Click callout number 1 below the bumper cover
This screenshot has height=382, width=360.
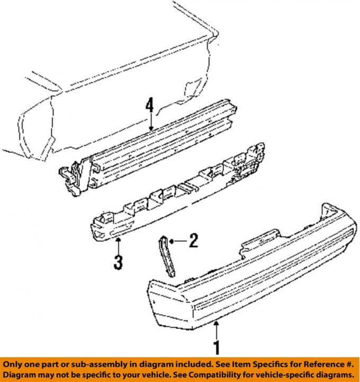coord(217,347)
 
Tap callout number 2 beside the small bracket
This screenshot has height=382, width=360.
coord(194,240)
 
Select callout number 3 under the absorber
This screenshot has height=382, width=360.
coord(118,262)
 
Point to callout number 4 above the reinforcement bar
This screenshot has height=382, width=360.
coord(150,105)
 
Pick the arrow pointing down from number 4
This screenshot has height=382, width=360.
coord(151,121)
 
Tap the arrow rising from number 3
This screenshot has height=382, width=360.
coord(118,246)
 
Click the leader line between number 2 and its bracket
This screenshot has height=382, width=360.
coord(178,241)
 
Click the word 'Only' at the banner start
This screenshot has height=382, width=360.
coord(12,365)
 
